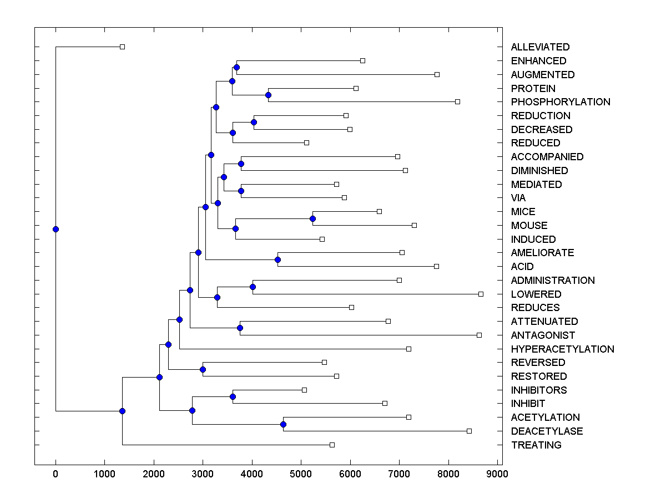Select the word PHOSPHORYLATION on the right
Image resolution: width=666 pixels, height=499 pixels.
pyautogui.click(x=561, y=102)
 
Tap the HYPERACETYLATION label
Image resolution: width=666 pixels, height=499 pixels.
pyautogui.click(x=562, y=349)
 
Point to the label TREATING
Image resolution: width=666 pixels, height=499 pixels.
pyautogui.click(x=536, y=445)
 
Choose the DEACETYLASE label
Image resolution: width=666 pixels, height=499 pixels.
pyautogui.click(x=547, y=431)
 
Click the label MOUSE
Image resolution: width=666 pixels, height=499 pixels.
pyautogui.click(x=529, y=226)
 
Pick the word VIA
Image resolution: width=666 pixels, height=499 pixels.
pyautogui.click(x=518, y=198)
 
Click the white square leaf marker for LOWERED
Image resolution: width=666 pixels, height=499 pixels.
pyautogui.click(x=481, y=294)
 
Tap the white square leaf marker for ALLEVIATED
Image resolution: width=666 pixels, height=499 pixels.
pyautogui.click(x=123, y=47)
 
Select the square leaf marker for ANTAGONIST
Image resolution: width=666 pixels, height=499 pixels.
pyautogui.click(x=479, y=335)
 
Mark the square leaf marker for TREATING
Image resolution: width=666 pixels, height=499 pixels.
pyautogui.click(x=332, y=445)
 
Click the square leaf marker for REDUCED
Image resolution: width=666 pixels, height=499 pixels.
pyautogui.click(x=306, y=143)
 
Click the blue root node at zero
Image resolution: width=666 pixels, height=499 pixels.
pyautogui.click(x=56, y=229)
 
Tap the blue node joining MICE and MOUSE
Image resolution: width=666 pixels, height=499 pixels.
pyautogui.click(x=312, y=218)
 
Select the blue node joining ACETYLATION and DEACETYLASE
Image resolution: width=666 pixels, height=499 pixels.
pyautogui.click(x=283, y=424)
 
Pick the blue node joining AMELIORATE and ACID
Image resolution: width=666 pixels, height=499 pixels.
pyautogui.click(x=277, y=259)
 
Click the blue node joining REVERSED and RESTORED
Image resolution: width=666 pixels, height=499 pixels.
pyautogui.click(x=203, y=369)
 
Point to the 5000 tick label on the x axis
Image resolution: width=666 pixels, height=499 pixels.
pyautogui.click(x=301, y=473)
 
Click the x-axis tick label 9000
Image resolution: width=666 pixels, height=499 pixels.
pyautogui.click(x=497, y=473)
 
